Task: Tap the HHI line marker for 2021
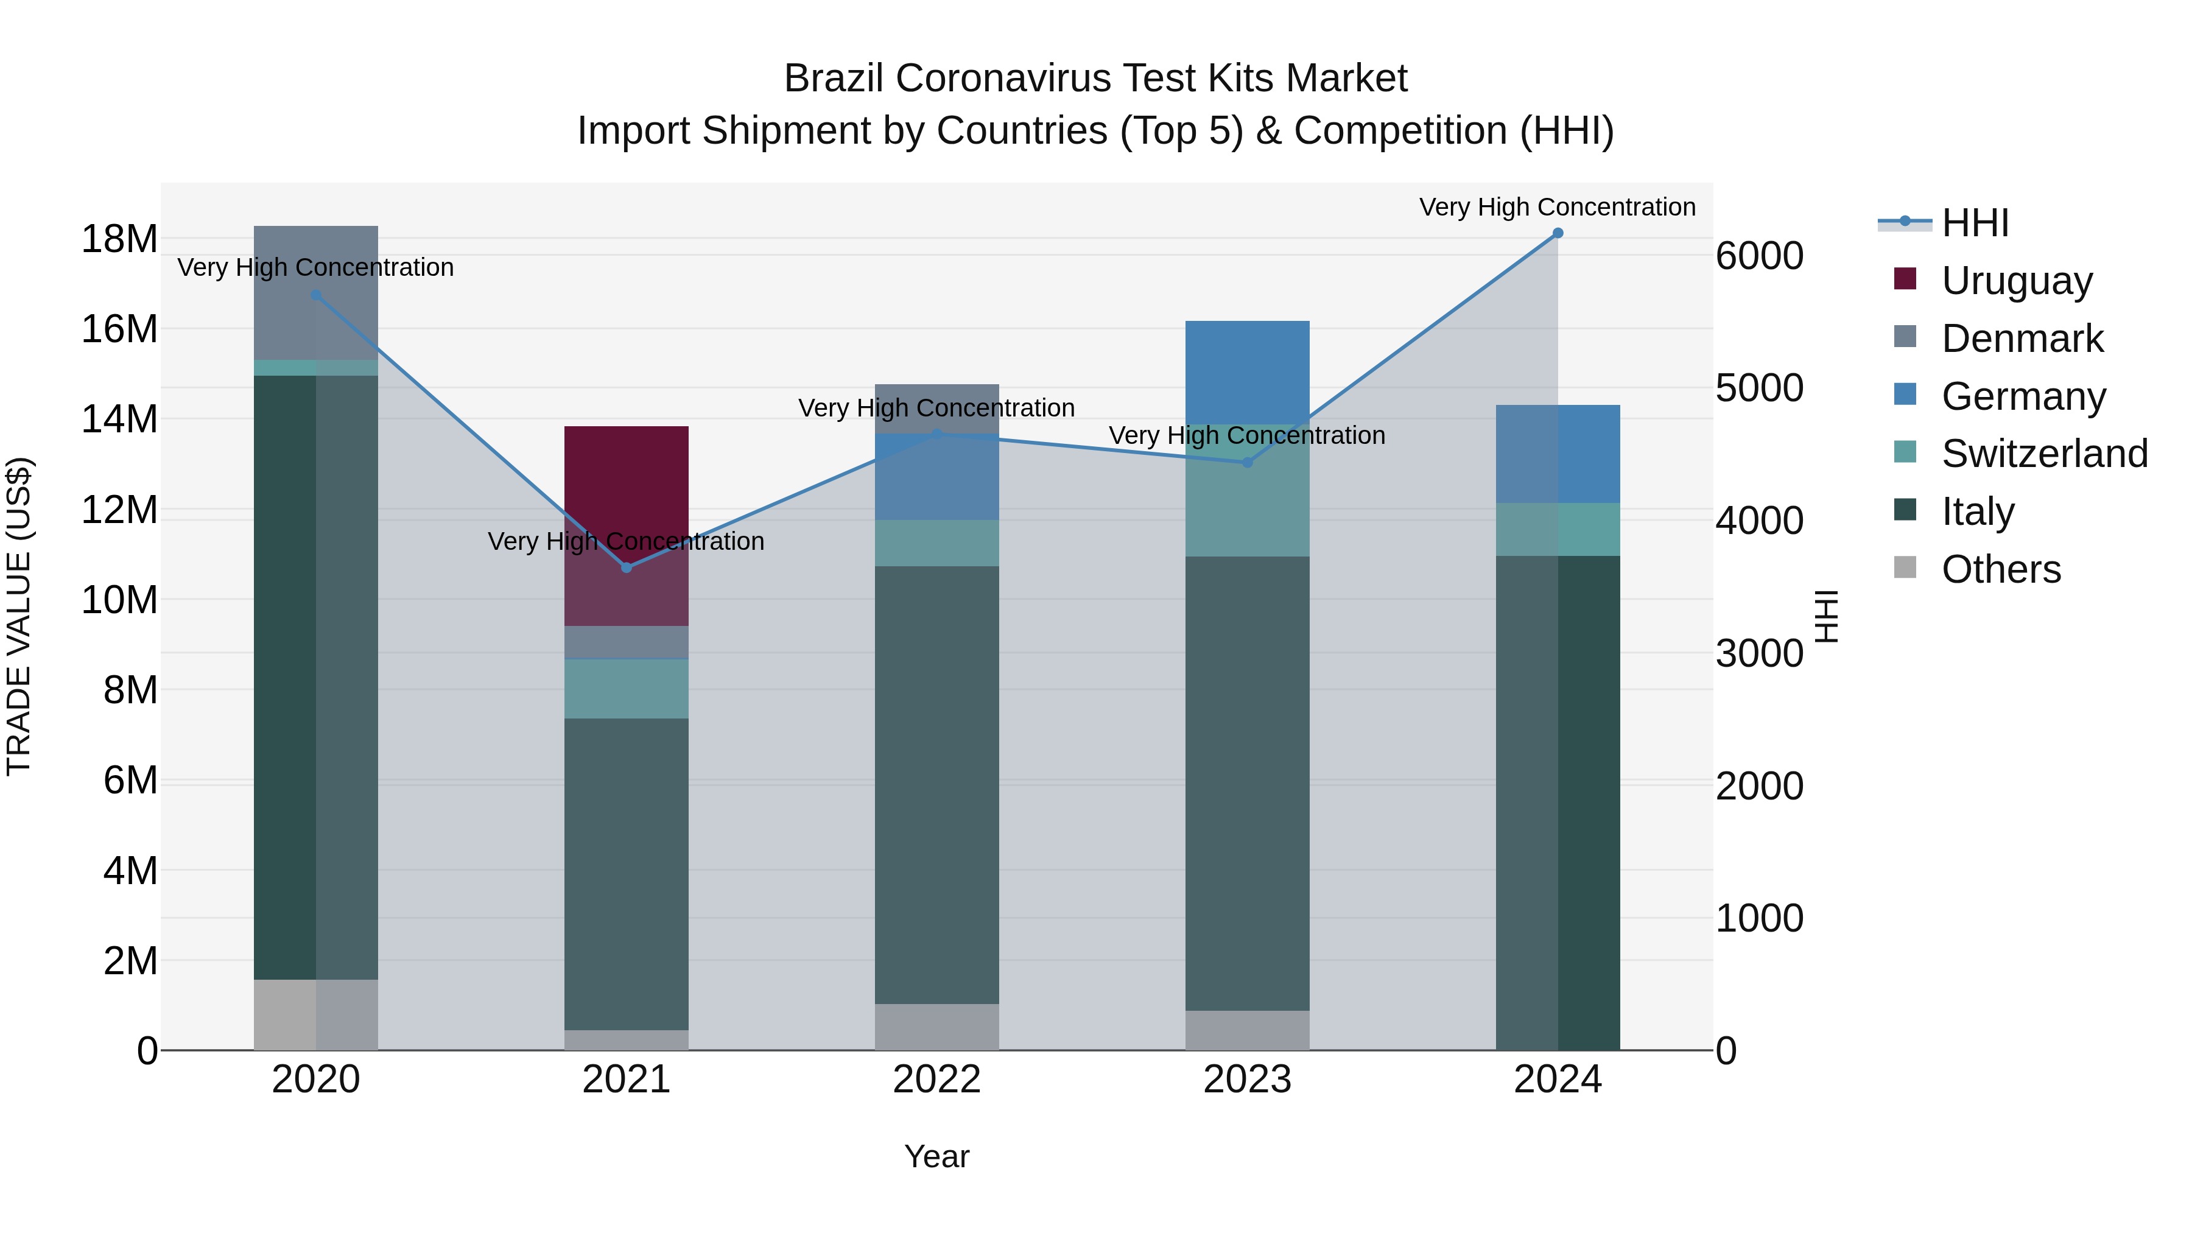tap(627, 567)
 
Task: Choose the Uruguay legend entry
tap(2017, 281)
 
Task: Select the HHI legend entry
tap(1974, 223)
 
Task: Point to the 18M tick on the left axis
tap(119, 239)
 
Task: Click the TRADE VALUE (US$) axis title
tap(19, 616)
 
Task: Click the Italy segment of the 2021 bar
tap(627, 874)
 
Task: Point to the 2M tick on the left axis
tap(130, 961)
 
